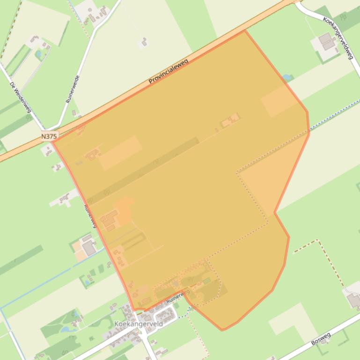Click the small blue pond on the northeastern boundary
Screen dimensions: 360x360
[288, 78]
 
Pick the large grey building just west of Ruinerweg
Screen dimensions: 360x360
[88, 246]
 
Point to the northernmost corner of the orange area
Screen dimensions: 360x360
[244, 31]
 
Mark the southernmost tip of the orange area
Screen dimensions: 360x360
[222, 330]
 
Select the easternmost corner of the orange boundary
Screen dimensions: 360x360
[309, 132]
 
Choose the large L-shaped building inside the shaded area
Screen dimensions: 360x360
[110, 219]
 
